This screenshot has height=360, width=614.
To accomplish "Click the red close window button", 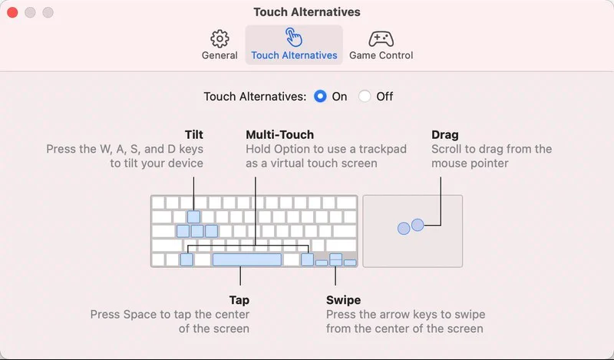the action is coord(12,12).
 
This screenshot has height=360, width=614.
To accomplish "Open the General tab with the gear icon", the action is coord(220,45).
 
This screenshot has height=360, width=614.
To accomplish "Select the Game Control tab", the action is coord(381,45).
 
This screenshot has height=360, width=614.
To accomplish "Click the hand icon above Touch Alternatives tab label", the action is coord(294,38).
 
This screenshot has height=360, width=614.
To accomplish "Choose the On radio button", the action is coord(320,97).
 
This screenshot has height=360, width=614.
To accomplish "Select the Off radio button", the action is coord(365,97).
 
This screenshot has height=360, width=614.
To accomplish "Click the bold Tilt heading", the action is coord(194,135).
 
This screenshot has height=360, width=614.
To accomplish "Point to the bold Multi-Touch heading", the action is coord(279,135).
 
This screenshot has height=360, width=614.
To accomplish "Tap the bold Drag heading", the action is coord(445,135).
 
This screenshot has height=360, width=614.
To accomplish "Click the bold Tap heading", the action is coord(239,300).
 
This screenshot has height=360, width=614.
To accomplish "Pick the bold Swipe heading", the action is coord(343,300).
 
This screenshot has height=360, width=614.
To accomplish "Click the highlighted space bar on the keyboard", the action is coord(246,259).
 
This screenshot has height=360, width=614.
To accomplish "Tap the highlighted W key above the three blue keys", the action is coord(193,217).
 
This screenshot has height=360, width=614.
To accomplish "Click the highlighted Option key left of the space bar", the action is coord(187,259).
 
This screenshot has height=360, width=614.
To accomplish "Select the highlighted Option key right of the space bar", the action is coord(308,259).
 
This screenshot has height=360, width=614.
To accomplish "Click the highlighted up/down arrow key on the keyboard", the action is coord(335,259).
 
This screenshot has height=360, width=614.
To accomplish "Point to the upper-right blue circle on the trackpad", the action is coord(418,225).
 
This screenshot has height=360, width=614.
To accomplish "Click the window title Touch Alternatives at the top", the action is coord(306,12).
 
